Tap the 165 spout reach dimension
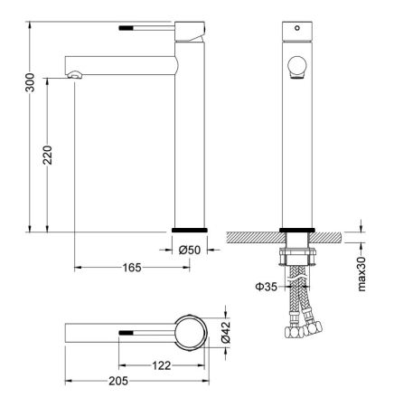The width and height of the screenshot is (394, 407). coord(132,268)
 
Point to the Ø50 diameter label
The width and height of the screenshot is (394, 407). coord(189,250)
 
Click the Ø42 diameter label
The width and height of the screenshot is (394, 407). coord(227,333)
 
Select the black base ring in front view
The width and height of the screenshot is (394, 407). coord(296,229)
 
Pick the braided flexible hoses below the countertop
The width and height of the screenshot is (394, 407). coord(298,303)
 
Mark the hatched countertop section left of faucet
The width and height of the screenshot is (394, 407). coord(253,237)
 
